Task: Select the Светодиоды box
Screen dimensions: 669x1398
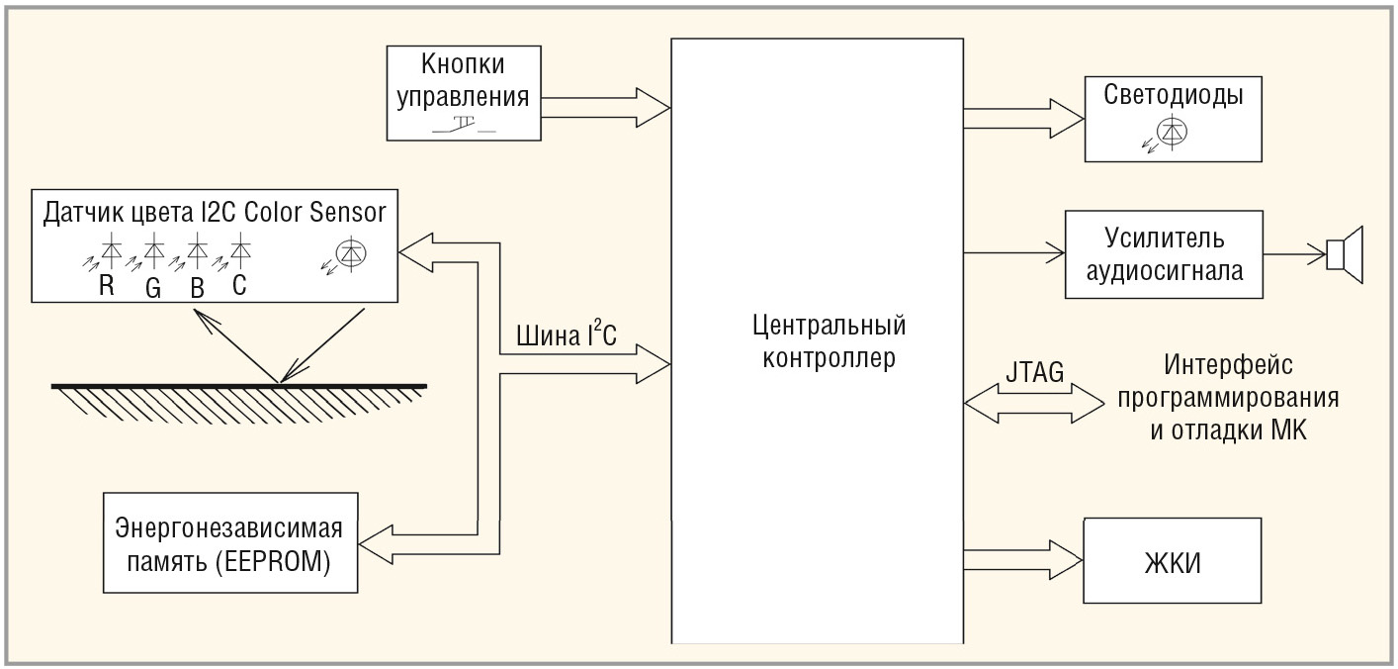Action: pos(1174,118)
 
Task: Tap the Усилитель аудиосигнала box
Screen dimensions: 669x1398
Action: pos(1164,253)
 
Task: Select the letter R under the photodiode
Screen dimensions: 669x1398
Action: pos(105,286)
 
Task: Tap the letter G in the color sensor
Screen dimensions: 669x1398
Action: pos(152,286)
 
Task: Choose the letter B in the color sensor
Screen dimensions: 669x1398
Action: pos(198,286)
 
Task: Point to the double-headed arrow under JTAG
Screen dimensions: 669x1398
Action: pos(1034,402)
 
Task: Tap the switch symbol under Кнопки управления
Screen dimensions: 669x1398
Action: pos(464,127)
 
